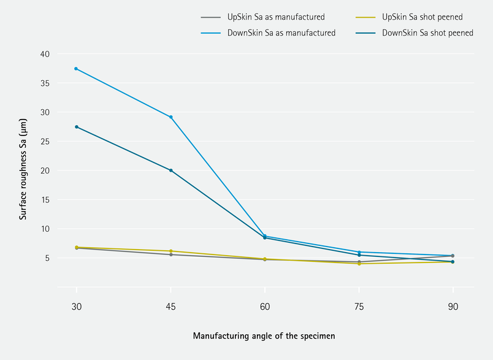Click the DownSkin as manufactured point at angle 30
(x=76, y=68)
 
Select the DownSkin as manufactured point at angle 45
(x=170, y=117)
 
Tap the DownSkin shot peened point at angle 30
(x=76, y=127)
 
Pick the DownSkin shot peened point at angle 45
(x=170, y=170)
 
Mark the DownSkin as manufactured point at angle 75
(x=359, y=252)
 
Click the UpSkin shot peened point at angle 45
(x=170, y=251)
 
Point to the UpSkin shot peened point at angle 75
(x=359, y=264)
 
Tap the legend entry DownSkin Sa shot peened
(x=427, y=33)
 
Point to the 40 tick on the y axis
(x=45, y=54)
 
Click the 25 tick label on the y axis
(x=45, y=142)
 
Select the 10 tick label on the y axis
(x=45, y=229)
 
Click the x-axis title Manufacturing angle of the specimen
(x=264, y=335)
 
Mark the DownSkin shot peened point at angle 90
(x=453, y=262)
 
